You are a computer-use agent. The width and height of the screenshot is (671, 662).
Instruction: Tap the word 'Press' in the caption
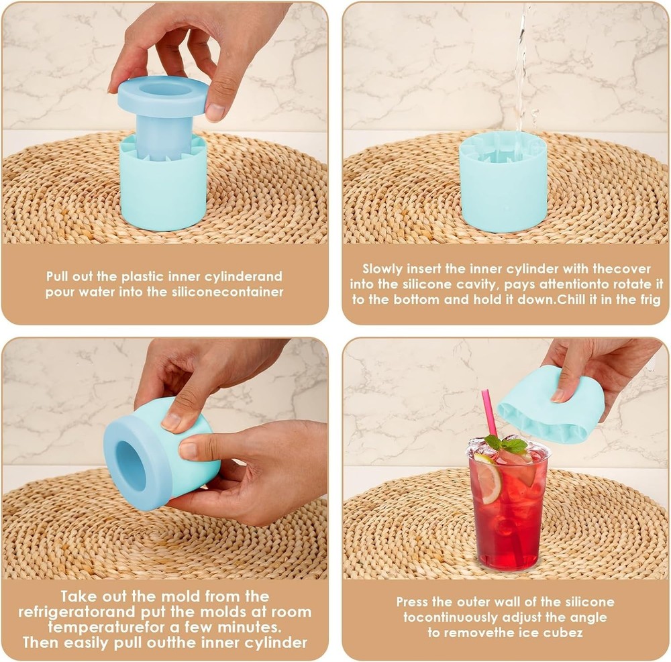coord(412,602)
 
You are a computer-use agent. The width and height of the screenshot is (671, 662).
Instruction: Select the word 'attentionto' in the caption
coord(587,284)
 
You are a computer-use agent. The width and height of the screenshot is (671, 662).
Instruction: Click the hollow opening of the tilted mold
coord(132,464)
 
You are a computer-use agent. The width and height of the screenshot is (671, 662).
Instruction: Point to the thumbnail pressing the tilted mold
coord(171,421)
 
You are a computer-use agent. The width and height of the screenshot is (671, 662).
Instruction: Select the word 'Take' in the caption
coord(82,596)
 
